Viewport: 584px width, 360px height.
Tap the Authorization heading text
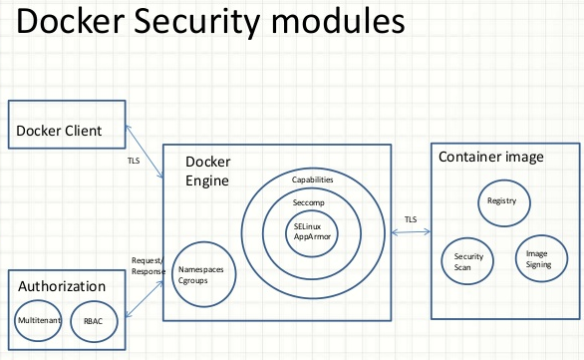pos(62,286)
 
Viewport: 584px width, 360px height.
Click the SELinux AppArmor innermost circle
pos(313,232)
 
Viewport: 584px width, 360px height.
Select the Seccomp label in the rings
pos(313,201)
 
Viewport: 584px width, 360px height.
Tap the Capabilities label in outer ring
pos(313,179)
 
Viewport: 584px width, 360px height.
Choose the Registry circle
pos(501,201)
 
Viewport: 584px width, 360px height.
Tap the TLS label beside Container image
pos(410,219)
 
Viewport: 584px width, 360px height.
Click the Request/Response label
pos(148,265)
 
